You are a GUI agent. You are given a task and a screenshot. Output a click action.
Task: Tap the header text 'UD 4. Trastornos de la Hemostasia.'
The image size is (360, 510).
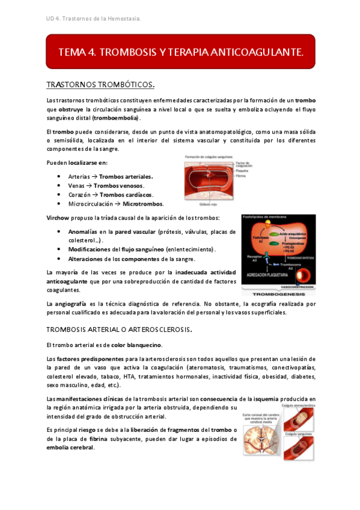pos(93,19)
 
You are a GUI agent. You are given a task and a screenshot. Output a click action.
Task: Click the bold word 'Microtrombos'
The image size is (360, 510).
pos(143,203)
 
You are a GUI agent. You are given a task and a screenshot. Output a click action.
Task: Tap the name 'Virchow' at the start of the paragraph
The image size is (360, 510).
pos(58,217)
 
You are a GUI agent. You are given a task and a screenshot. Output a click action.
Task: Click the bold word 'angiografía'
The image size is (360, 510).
pos(74,304)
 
